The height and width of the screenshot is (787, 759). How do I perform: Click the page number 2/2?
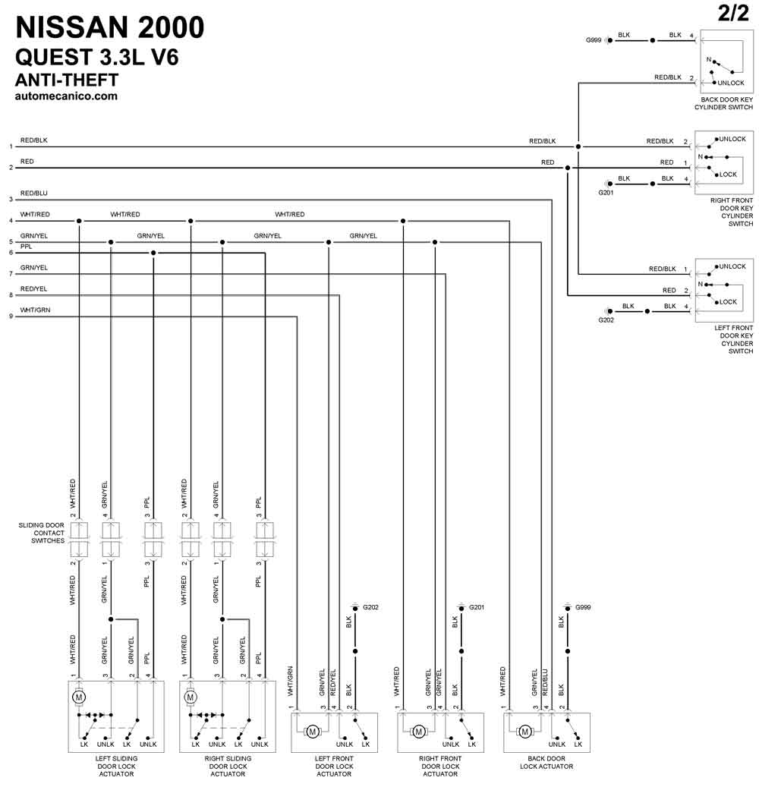[733, 13]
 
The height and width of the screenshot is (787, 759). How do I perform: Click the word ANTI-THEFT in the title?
[67, 80]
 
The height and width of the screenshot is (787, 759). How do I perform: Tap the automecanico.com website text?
[66, 96]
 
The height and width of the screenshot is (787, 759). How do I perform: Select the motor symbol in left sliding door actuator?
[79, 697]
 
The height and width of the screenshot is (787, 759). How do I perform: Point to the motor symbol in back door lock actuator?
[524, 732]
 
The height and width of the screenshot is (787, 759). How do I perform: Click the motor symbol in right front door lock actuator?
[419, 732]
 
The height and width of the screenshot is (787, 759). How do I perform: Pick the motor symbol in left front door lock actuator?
[312, 732]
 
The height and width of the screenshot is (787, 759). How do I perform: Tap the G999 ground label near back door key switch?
[594, 40]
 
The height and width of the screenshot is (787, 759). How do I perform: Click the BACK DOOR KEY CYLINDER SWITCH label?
[723, 103]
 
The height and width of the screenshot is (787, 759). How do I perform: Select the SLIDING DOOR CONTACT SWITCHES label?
[42, 533]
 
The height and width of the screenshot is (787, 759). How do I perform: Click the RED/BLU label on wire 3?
[34, 194]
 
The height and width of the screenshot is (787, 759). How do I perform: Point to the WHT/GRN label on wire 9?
[35, 310]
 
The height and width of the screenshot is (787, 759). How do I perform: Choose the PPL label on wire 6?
[26, 247]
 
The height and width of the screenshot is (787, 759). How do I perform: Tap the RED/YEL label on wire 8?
[33, 289]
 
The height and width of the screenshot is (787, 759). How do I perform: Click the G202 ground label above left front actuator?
[370, 607]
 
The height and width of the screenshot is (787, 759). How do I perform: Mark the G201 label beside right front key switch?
[606, 193]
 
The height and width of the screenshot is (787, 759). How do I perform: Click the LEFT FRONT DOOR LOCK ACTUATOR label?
[334, 767]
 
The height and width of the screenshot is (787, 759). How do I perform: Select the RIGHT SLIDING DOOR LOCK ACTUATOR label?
[228, 767]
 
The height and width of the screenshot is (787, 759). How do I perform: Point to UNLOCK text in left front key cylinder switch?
[732, 266]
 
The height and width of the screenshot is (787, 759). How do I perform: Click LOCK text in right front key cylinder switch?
[729, 175]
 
